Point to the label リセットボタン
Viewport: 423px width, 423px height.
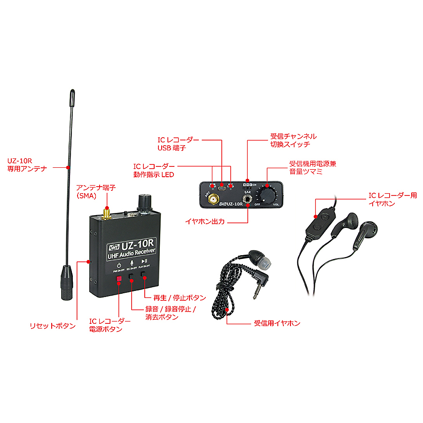[x=52, y=326]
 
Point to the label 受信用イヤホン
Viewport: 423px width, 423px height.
[x=277, y=324]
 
